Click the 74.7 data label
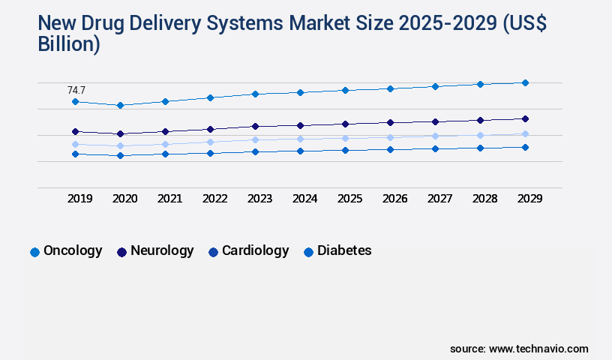point(76,90)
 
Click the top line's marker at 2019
point(75,101)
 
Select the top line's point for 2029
point(525,82)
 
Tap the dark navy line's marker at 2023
point(255,126)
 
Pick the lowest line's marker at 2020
point(120,156)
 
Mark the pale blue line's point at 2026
point(390,137)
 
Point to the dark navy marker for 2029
point(525,118)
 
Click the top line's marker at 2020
point(120,106)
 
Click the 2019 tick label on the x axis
point(80,199)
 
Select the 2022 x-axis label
point(215,199)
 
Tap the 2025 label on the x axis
point(350,199)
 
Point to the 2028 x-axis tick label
point(485,199)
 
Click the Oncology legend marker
point(34,252)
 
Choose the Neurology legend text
point(162,251)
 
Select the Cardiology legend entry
point(255,251)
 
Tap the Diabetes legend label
point(344,251)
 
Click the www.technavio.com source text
point(538,349)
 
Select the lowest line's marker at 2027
point(435,148)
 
